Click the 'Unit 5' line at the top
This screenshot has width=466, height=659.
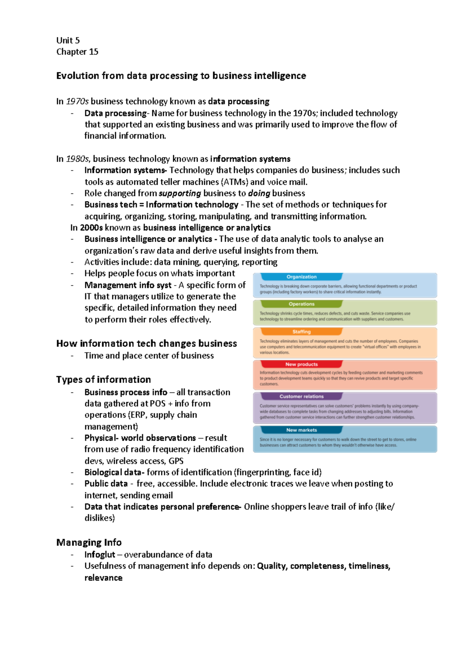[x=68, y=40]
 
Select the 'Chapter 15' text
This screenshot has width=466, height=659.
[x=77, y=52]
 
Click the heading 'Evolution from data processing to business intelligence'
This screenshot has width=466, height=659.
[x=181, y=76]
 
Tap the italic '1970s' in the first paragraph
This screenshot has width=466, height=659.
[x=77, y=101]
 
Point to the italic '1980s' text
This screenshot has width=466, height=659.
[x=77, y=159]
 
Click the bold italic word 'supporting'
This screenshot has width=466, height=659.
[x=180, y=194]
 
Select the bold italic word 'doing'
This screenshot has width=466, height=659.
[x=259, y=194]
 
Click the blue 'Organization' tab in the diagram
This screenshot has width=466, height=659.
[x=301, y=277]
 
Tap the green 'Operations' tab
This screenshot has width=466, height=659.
[x=301, y=304]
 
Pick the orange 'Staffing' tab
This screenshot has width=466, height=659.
[x=301, y=332]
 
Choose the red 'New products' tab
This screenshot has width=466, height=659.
[x=301, y=364]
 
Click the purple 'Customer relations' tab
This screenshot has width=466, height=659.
[x=301, y=397]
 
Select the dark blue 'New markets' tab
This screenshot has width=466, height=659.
[x=301, y=430]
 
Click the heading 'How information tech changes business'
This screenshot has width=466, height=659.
[x=146, y=343]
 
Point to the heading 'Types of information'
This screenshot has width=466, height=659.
[x=103, y=380]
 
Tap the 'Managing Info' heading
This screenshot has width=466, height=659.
[x=89, y=542]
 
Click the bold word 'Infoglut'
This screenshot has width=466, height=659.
[x=100, y=555]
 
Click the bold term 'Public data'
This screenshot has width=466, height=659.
[x=106, y=484]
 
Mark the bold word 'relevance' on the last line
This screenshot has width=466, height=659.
[x=103, y=578]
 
